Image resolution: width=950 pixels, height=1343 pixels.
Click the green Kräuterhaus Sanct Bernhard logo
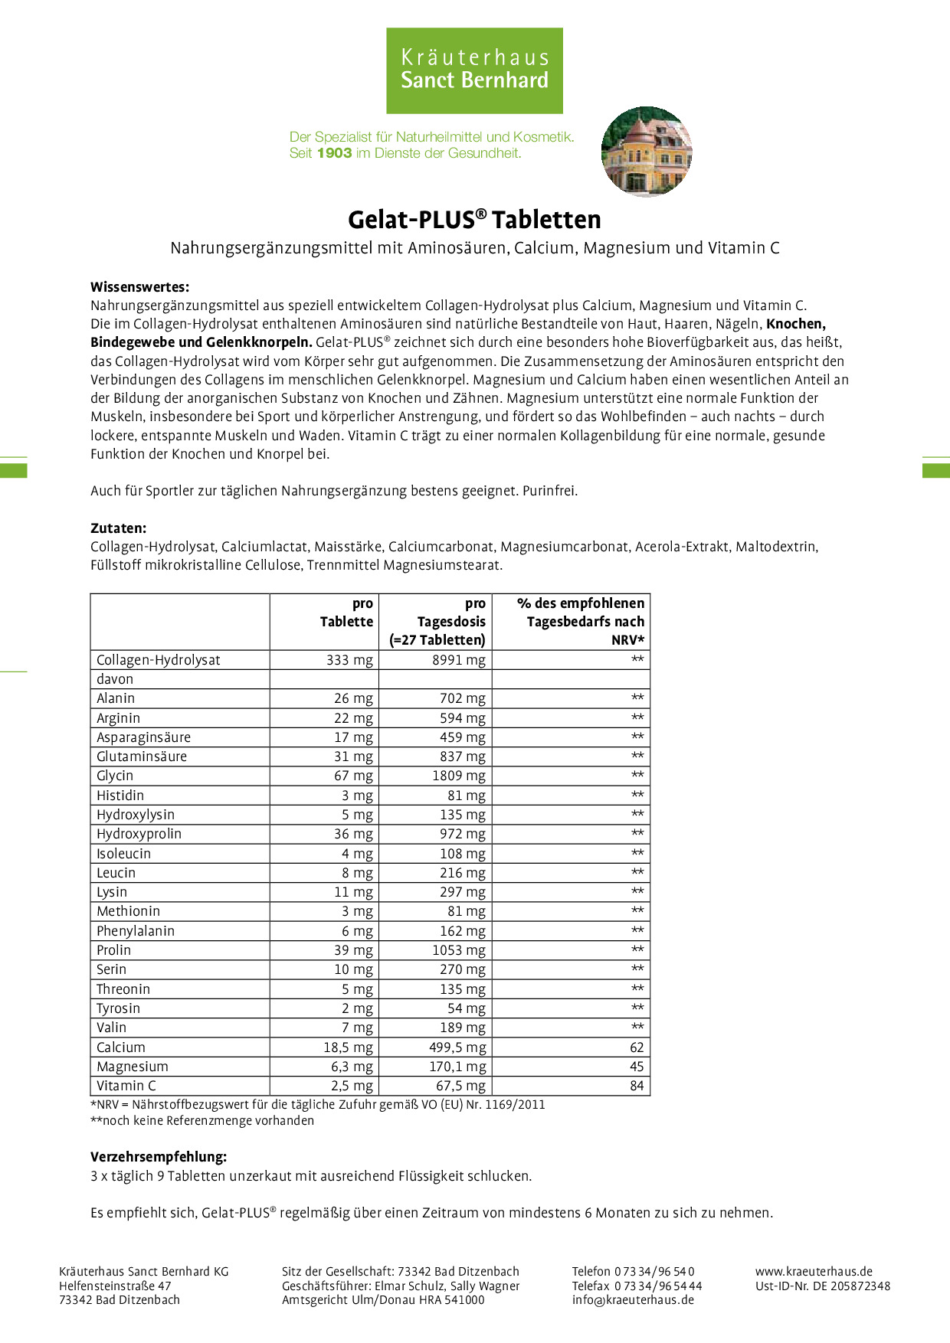pyautogui.click(x=474, y=70)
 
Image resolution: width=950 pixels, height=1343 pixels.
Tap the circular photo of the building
pyautogui.click(x=647, y=152)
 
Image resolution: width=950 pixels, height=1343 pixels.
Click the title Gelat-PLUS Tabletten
pyautogui.click(x=474, y=220)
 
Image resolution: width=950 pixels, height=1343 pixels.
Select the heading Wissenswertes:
pyautogui.click(x=139, y=287)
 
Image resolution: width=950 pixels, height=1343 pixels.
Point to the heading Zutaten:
pyautogui.click(x=118, y=528)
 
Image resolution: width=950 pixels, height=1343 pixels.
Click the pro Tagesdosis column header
pyautogui.click(x=437, y=622)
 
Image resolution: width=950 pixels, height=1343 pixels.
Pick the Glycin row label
pyautogui.click(x=115, y=776)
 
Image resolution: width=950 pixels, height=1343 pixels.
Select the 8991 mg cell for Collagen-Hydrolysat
pyautogui.click(x=458, y=660)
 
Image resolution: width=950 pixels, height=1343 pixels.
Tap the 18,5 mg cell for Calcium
pyautogui.click(x=348, y=1047)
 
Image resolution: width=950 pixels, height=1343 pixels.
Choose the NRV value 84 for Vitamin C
pyautogui.click(x=637, y=1086)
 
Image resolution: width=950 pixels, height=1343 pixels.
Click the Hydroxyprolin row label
pyautogui.click(x=139, y=834)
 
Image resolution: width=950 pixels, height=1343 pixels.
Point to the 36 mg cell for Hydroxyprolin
pyautogui.click(x=353, y=834)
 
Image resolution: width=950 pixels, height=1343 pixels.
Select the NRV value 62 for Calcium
pyautogui.click(x=637, y=1047)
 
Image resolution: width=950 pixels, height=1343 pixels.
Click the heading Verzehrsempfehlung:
pyautogui.click(x=159, y=1156)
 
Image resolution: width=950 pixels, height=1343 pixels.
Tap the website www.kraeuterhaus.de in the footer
pyautogui.click(x=814, y=1271)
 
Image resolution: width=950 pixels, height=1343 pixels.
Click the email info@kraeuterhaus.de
pyautogui.click(x=633, y=1299)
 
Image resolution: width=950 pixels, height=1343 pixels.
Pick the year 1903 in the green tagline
pyautogui.click(x=334, y=153)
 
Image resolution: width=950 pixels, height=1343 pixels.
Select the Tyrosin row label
pyautogui.click(x=118, y=1008)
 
